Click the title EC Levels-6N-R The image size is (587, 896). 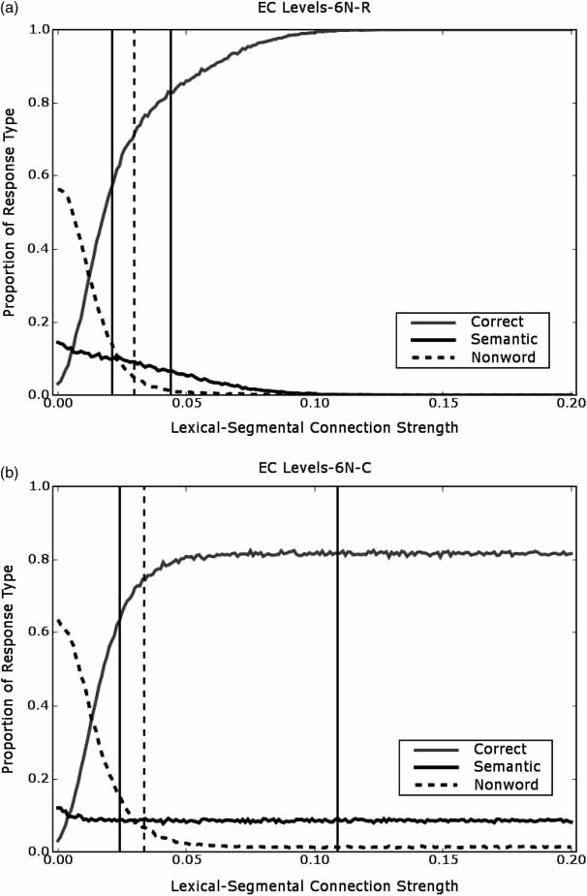click(x=314, y=12)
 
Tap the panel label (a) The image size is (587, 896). click(x=11, y=13)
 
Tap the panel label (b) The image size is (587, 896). click(x=11, y=474)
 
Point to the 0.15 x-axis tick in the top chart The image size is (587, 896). click(x=444, y=403)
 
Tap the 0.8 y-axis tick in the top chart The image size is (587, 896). click(x=37, y=103)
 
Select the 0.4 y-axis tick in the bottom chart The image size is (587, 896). click(x=37, y=705)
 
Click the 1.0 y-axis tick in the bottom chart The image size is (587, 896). click(x=37, y=486)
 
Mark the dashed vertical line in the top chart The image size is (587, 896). click(x=134, y=194)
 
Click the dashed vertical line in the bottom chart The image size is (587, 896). click(x=143, y=630)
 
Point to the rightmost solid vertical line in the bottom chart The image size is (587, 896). click(x=338, y=630)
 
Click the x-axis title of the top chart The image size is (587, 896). click(x=314, y=427)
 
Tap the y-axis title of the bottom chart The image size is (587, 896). click(x=10, y=668)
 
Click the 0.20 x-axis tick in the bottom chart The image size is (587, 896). click(x=572, y=860)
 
